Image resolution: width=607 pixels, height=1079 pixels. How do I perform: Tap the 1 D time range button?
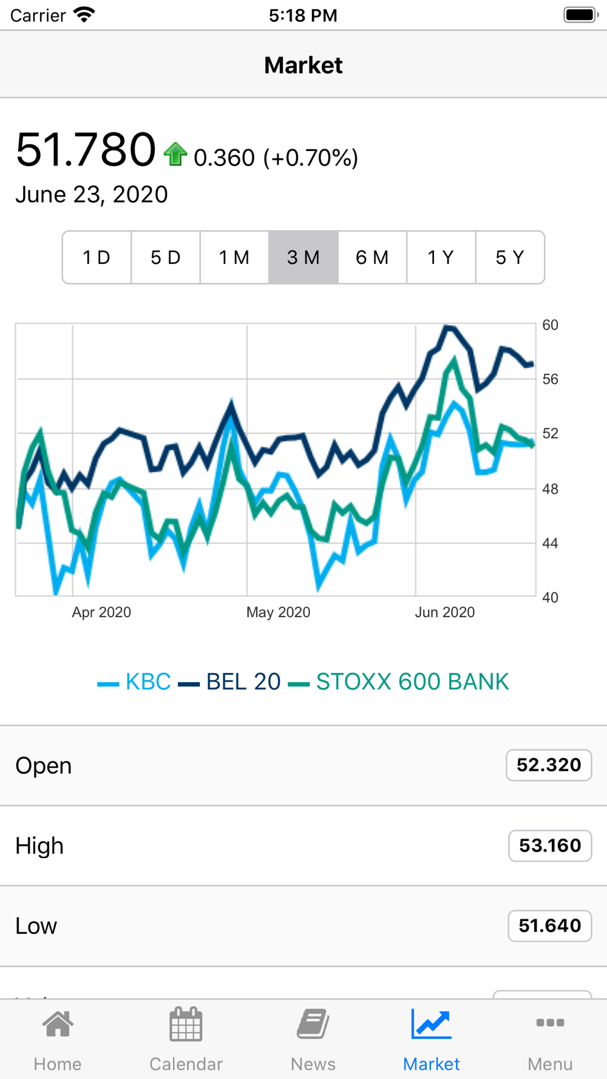click(97, 257)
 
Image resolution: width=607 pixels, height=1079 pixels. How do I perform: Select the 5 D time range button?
click(166, 257)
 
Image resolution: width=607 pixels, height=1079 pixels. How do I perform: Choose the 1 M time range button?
click(234, 257)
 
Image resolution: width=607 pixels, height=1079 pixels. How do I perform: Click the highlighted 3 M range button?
click(303, 257)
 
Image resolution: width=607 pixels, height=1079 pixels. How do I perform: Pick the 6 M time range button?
click(372, 257)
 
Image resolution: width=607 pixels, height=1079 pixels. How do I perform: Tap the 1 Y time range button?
click(441, 257)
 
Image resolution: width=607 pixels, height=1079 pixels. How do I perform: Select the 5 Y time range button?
click(510, 257)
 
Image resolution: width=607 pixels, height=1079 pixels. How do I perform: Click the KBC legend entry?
click(134, 682)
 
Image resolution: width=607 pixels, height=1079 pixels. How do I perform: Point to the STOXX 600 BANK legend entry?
click(398, 682)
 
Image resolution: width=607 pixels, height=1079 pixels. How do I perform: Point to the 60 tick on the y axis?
click(550, 325)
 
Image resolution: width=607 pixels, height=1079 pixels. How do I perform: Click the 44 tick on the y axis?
click(550, 543)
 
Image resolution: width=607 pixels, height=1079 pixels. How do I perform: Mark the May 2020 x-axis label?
click(278, 612)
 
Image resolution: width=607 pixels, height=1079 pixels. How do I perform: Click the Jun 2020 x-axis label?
click(444, 612)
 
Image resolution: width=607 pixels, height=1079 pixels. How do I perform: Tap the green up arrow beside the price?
click(175, 154)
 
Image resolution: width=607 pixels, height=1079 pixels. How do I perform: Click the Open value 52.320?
click(549, 765)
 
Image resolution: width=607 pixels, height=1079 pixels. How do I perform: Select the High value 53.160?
click(550, 845)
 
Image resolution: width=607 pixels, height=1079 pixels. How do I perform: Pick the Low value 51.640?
click(550, 925)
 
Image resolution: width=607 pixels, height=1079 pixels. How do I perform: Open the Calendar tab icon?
click(186, 1024)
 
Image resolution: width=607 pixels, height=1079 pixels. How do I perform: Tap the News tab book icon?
click(313, 1024)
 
